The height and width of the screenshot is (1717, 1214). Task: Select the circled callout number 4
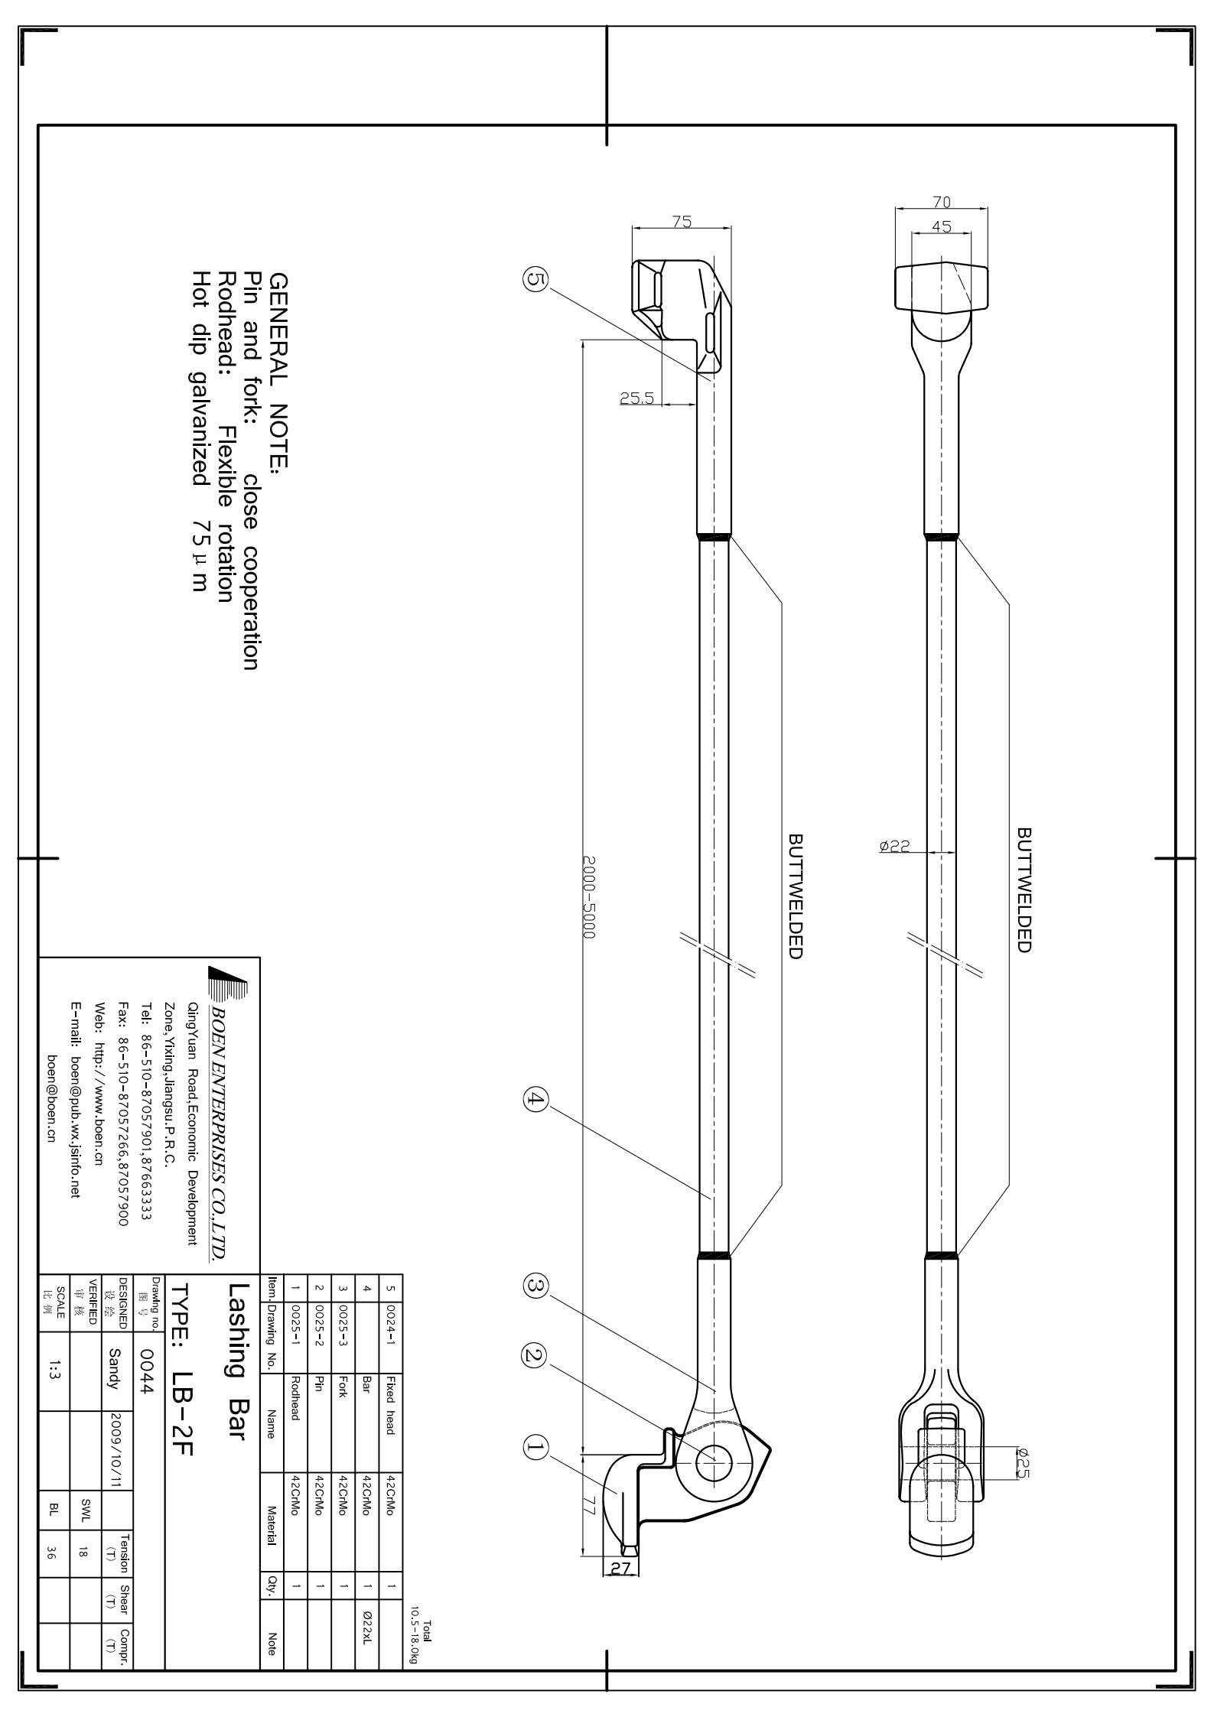pos(535,1101)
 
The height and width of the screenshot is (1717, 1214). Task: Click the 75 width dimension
pos(682,221)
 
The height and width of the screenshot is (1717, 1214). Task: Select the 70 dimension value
pos(942,202)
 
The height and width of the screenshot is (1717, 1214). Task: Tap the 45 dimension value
pos(942,226)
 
